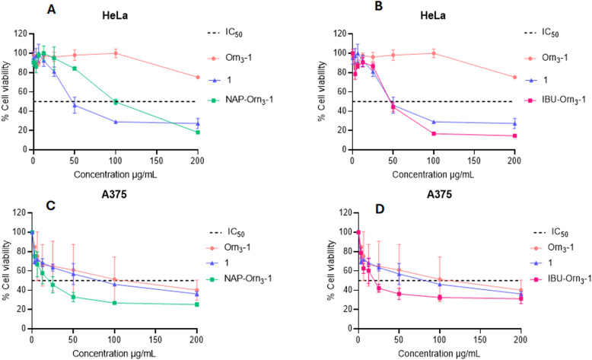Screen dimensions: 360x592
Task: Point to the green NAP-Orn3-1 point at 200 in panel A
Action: coord(198,132)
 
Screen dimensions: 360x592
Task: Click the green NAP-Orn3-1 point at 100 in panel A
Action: coord(115,101)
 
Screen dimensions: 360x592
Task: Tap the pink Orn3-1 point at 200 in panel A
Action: coord(198,78)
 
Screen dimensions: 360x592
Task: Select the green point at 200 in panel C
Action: coord(197,304)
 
